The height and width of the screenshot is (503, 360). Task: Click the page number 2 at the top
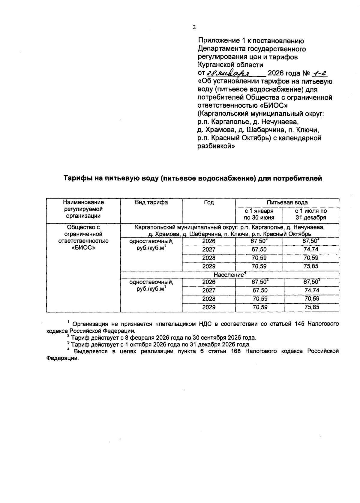194,27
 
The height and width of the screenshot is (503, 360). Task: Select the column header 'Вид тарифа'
151,202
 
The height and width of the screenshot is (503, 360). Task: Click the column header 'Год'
209,202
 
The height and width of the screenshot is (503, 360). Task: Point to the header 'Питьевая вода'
287,202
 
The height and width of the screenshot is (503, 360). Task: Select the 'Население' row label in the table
228,275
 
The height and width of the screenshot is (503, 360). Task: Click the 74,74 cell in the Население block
311,290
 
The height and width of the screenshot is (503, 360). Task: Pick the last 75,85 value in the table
311,307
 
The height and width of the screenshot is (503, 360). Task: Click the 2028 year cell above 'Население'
209,258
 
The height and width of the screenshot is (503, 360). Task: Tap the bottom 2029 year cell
209,307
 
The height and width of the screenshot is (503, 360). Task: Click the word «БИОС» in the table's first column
83,248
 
